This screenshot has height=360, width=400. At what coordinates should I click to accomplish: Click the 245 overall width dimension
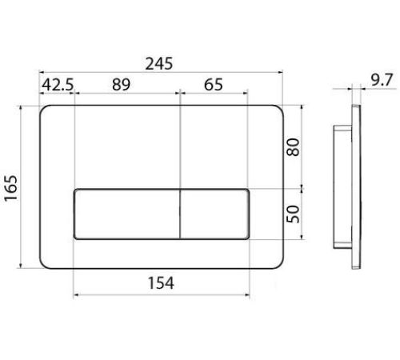tap(159, 64)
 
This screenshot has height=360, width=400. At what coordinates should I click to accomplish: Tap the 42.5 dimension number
tap(58, 85)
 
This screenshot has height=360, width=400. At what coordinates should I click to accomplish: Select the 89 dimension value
tap(121, 85)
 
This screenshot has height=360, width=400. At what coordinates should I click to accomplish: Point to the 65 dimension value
tap(214, 85)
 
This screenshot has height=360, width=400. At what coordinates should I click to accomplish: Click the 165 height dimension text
tap(11, 188)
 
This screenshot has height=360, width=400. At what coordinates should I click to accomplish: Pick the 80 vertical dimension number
tap(293, 146)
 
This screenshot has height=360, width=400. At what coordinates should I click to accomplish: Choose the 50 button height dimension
tap(293, 214)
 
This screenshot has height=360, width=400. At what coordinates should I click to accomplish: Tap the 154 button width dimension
tap(161, 283)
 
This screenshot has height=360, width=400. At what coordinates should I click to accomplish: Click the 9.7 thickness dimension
tap(382, 80)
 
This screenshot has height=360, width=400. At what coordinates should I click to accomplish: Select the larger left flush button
tap(127, 214)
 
